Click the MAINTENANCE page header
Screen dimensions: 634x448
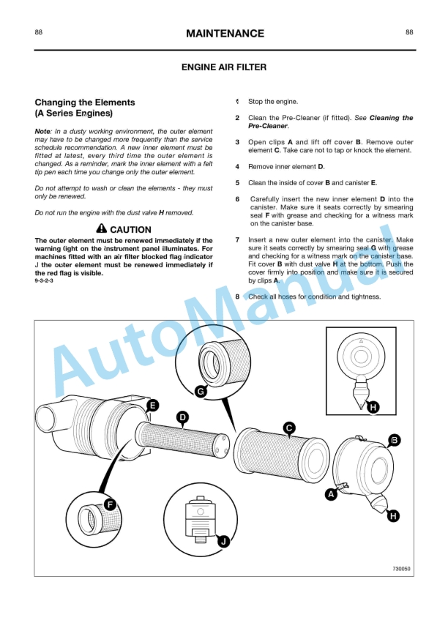[x=224, y=34]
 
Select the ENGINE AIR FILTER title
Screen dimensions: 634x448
[x=224, y=67]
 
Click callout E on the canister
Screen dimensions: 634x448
[x=152, y=405]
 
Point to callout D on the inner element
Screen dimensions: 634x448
[x=182, y=417]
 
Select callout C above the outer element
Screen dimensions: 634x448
[x=289, y=428]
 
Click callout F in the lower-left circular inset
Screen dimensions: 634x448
[x=109, y=504]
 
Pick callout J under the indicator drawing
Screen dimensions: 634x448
[x=224, y=541]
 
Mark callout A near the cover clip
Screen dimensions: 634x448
[x=331, y=494]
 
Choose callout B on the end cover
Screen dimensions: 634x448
[x=394, y=439]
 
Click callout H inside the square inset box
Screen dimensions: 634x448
[x=373, y=407]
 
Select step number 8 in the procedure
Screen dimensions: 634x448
[x=237, y=297]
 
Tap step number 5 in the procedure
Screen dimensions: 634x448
[x=237, y=183]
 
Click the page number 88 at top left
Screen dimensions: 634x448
[x=38, y=32]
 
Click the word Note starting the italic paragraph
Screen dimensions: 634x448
[x=42, y=131]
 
